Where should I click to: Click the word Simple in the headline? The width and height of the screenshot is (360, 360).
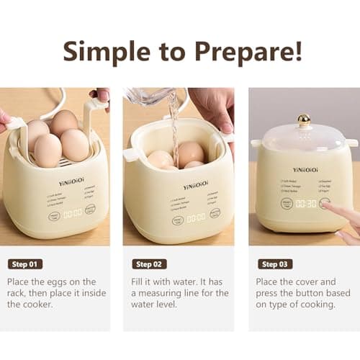point(102,51)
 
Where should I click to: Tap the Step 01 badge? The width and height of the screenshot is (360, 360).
point(25,264)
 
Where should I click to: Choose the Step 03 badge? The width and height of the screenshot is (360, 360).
point(275,264)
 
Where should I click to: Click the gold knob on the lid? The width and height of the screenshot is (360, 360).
point(305,120)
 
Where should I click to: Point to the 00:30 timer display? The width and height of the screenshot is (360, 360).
point(305,204)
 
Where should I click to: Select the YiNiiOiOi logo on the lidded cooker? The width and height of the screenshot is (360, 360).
point(305,171)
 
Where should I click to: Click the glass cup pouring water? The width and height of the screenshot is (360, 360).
point(150,96)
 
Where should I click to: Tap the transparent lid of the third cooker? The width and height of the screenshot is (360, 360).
point(304,135)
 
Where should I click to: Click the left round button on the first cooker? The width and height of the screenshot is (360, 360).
point(55,215)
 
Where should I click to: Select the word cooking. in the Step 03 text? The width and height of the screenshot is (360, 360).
point(317,305)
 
